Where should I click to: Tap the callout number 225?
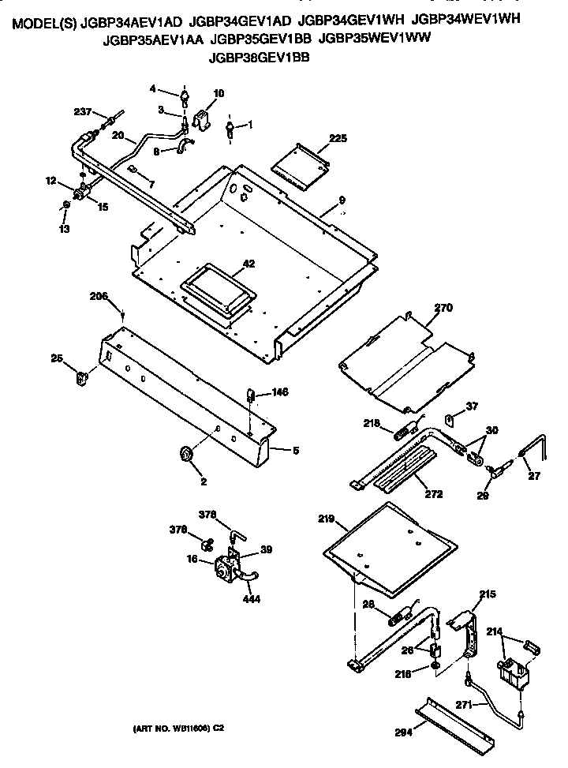pyautogui.click(x=338, y=139)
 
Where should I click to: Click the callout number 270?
pyautogui.click(x=443, y=309)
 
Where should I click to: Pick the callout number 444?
pyautogui.click(x=251, y=598)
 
